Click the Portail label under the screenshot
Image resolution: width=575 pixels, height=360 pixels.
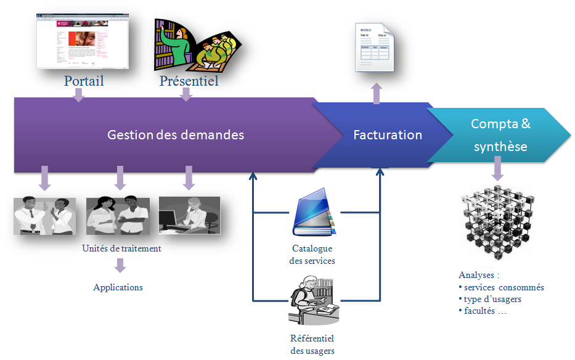click(x=84, y=81)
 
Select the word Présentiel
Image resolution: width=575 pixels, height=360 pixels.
click(x=189, y=81)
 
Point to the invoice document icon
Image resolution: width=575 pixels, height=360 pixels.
click(x=375, y=47)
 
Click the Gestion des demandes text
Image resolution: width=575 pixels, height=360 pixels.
click(x=176, y=134)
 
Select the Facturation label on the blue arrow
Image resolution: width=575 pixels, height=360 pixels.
click(x=388, y=135)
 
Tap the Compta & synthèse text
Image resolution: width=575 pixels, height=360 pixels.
click(x=500, y=135)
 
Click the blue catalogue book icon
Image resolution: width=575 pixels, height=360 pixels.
click(x=314, y=216)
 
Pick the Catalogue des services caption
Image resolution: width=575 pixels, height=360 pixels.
click(x=312, y=255)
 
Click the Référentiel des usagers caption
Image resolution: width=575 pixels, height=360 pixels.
click(x=312, y=345)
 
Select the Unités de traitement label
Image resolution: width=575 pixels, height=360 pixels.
click(x=121, y=249)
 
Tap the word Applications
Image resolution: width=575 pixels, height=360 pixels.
click(x=118, y=287)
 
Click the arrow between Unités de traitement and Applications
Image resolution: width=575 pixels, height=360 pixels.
click(x=120, y=266)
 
